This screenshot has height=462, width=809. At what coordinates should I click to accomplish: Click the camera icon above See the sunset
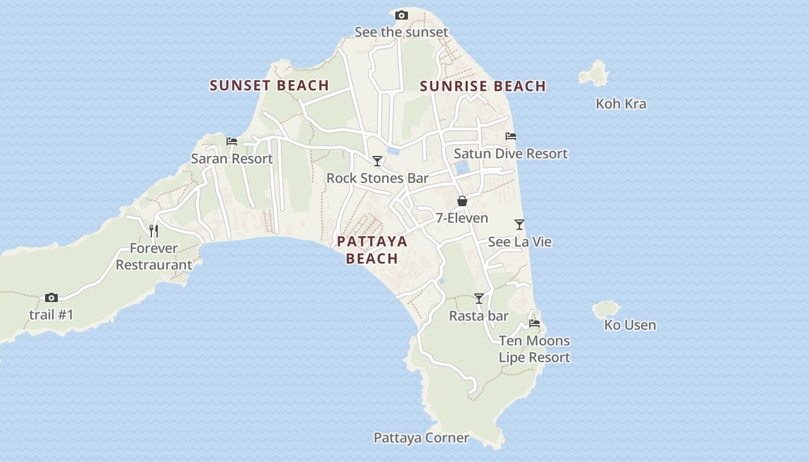[402, 16]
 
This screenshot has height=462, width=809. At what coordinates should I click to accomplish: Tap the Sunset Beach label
[269, 85]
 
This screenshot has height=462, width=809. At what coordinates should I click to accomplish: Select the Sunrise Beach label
[483, 87]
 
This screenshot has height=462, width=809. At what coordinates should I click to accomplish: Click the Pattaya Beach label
[372, 249]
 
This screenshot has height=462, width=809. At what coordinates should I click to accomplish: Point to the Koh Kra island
[594, 74]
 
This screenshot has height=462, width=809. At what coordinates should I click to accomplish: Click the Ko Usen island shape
[606, 309]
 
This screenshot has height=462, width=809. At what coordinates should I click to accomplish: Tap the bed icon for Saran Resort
[232, 141]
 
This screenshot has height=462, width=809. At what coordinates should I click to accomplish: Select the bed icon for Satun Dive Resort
[511, 137]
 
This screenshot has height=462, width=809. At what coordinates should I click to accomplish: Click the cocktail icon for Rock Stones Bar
[377, 161]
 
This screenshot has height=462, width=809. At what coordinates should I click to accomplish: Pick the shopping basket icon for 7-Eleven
[462, 201]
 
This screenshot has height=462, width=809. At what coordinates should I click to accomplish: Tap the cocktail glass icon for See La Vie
[519, 225]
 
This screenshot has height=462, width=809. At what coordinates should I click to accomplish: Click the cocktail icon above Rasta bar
[479, 299]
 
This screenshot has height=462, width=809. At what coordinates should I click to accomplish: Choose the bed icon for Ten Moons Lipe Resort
[535, 323]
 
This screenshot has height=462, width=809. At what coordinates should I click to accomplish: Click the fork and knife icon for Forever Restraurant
[154, 231]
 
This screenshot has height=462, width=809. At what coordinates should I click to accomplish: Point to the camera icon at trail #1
[51, 298]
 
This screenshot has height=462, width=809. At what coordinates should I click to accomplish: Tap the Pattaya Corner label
[421, 438]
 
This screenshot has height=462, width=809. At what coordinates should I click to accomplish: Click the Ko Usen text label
[630, 325]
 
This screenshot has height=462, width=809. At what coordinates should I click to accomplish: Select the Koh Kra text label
[621, 104]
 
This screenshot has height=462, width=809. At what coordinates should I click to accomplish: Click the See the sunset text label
[401, 32]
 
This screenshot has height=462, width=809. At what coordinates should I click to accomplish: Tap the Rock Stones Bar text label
[377, 178]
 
